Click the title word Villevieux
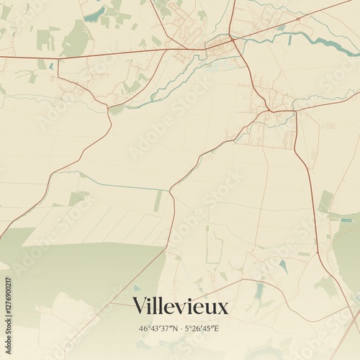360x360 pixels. coord(180,307)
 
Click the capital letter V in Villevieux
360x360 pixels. coord(139,307)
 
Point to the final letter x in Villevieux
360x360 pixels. coord(222,309)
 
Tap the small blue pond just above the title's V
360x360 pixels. coord(136,288)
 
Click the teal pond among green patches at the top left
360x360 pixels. coord(94,14)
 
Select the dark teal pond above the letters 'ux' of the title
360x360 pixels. coord(258,291)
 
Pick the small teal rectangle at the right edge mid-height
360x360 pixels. coord(348,220)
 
